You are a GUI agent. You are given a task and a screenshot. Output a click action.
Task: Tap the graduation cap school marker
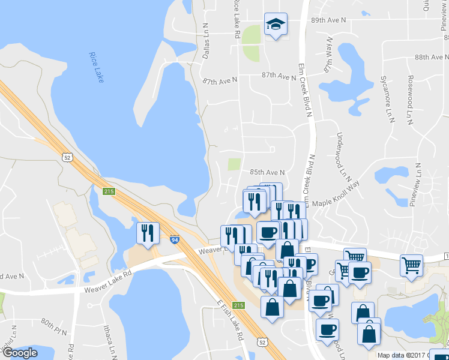tap(276, 25)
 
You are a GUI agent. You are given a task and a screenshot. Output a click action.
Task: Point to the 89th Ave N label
tap(329, 20)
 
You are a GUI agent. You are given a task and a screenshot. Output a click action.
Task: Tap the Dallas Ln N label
tap(205, 41)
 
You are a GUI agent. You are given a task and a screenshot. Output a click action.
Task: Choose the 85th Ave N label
tap(267, 172)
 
